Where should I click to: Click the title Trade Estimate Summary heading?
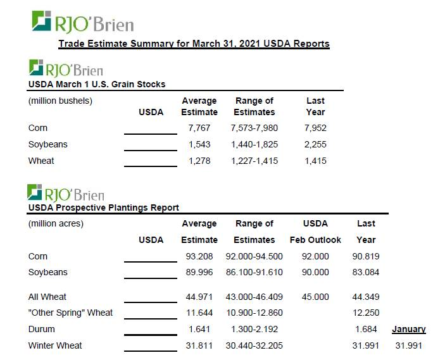click(194, 44)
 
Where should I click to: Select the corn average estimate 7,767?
click(199, 128)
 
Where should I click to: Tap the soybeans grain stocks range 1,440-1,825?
click(254, 144)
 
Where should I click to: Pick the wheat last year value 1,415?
click(315, 161)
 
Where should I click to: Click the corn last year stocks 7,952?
click(315, 128)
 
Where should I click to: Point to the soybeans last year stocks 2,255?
click(315, 144)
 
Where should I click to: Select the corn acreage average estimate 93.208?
click(199, 256)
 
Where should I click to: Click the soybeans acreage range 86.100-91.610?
click(254, 272)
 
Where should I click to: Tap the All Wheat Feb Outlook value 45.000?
click(315, 297)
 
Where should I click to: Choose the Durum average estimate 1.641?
click(199, 329)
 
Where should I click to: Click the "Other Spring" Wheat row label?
click(70, 313)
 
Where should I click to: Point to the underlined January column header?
click(409, 329)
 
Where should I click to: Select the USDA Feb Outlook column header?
click(315, 232)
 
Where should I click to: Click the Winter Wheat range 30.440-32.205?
click(254, 345)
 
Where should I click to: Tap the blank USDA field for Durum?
click(151, 330)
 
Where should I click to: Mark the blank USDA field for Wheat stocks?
click(151, 162)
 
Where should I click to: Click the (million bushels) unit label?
click(60, 101)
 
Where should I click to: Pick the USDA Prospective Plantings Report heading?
click(104, 207)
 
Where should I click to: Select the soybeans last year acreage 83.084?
click(366, 272)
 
